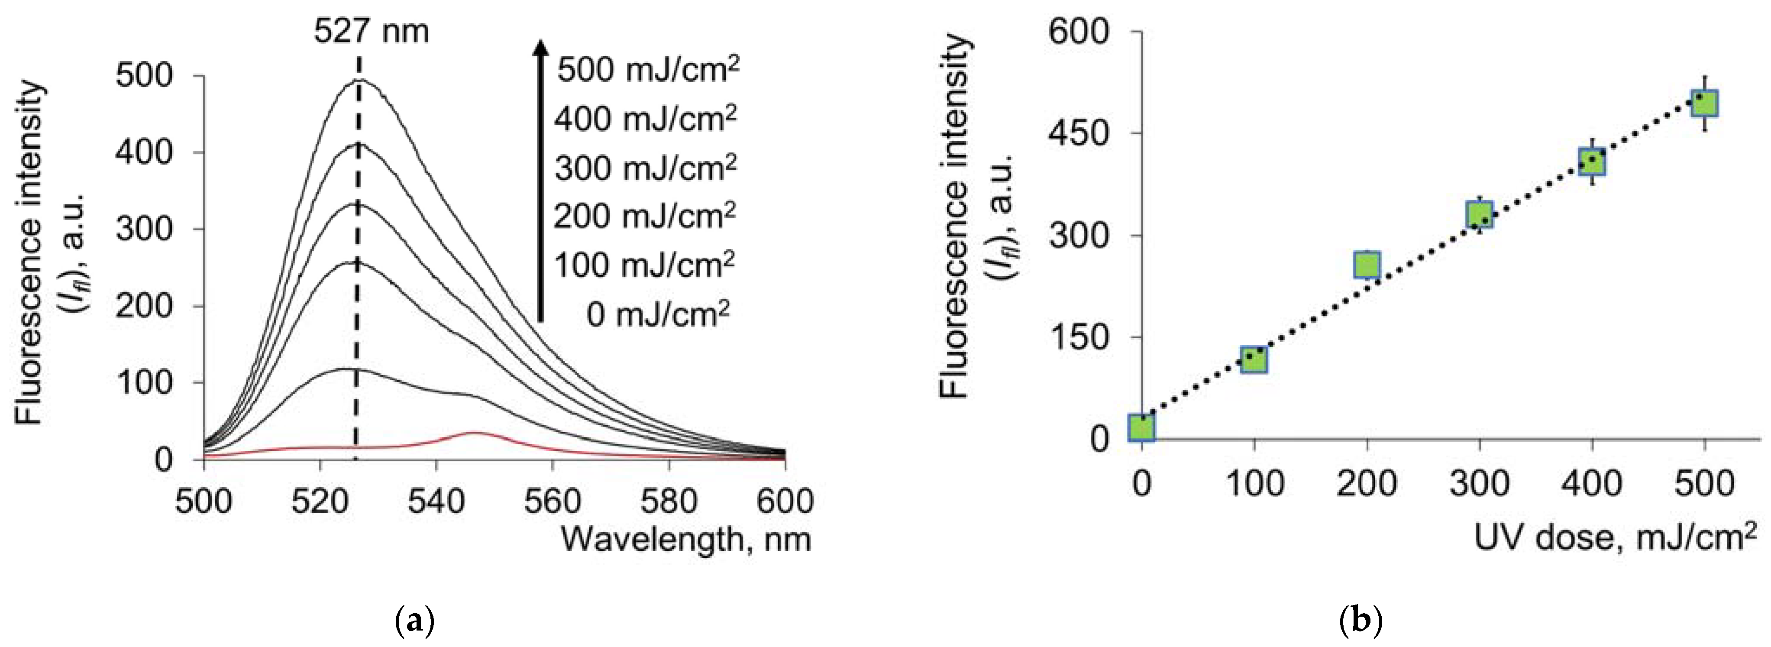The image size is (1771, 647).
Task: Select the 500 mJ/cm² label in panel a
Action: (x=648, y=69)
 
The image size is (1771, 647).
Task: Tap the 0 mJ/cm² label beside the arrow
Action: (x=657, y=315)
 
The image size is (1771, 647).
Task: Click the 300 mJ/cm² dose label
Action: (x=645, y=167)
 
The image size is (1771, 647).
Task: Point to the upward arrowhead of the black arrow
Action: (x=541, y=47)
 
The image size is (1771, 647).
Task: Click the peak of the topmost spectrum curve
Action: (x=359, y=81)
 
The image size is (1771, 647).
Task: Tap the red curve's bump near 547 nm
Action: (x=475, y=433)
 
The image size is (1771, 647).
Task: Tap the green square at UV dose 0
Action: (x=1142, y=427)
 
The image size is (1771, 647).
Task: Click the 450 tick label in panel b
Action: (x=1078, y=133)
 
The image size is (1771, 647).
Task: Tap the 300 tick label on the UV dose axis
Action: (x=1479, y=483)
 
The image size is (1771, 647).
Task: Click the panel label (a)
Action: (x=415, y=621)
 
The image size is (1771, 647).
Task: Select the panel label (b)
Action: (x=1361, y=621)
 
